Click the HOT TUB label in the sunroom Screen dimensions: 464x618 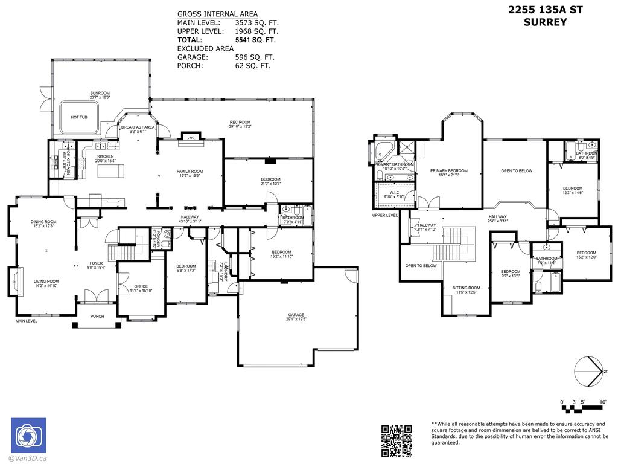click(79, 117)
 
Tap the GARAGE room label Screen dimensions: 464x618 click(296, 315)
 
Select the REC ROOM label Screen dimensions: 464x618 click(240, 124)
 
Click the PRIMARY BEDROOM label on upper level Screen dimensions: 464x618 click(449, 171)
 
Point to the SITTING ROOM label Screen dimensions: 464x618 click(466, 288)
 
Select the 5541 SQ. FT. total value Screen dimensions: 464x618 click(255, 40)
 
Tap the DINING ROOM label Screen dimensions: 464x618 click(43, 222)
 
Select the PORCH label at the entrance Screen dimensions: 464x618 click(97, 316)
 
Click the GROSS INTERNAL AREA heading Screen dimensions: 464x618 click(217, 14)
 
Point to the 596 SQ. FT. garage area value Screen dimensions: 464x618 click(255, 57)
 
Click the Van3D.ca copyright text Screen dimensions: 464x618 click(28, 459)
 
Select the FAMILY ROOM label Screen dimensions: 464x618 click(190, 172)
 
